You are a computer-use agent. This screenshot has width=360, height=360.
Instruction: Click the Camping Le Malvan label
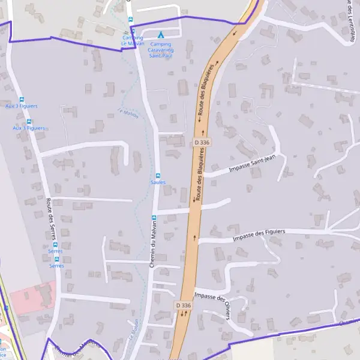pos(133,41)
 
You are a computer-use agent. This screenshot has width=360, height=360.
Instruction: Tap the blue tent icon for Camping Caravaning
pos(160,35)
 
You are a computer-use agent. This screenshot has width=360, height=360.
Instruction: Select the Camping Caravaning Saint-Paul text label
pos(161,49)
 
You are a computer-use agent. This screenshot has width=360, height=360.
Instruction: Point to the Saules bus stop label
pos(158,182)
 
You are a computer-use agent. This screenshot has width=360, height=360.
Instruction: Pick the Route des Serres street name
pos(46,222)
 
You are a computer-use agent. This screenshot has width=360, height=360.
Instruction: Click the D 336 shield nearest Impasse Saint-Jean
pos(202,142)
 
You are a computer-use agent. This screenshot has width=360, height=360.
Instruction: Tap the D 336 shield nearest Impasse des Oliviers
pos(184,305)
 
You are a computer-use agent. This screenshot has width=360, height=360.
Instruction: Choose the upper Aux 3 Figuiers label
pos(21,106)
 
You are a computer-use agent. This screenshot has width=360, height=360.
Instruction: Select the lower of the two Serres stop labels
pos(56,265)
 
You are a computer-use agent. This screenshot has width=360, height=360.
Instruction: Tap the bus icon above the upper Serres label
pos(55,244)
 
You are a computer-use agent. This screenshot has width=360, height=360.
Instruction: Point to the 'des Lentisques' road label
pos(350,21)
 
